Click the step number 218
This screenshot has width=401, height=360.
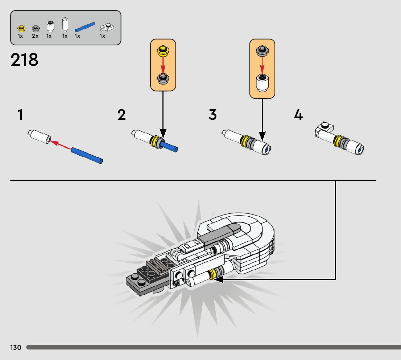click(24, 60)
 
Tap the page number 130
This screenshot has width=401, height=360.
click(16, 348)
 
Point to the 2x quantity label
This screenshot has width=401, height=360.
click(35, 36)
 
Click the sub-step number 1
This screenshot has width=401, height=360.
click(20, 115)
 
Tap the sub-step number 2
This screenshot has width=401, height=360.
click(121, 115)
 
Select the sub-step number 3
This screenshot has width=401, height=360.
click(212, 115)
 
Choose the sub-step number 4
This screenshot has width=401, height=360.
click(298, 115)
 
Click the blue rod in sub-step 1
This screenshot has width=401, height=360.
click(87, 155)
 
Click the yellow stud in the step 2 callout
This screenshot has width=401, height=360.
click(163, 50)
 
